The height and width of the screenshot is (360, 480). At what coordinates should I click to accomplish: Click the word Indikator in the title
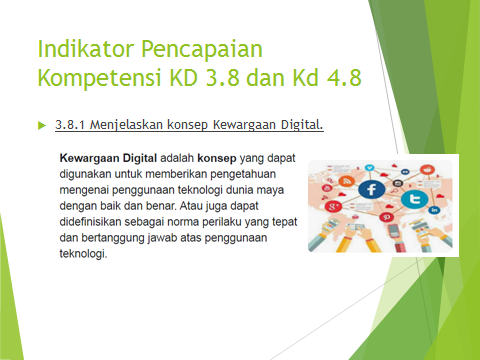[x=86, y=49]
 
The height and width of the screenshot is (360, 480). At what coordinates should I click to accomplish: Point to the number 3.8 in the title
[x=223, y=77]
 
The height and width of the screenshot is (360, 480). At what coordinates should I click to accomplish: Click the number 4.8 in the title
[x=344, y=77]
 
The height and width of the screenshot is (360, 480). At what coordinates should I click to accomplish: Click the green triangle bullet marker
[x=42, y=125]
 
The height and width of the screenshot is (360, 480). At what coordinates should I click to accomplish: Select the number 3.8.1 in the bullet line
[x=70, y=125]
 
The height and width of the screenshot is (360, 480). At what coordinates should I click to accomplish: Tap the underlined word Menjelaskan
[x=126, y=125]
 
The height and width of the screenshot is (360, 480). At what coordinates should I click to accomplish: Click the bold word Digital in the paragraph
[x=140, y=158]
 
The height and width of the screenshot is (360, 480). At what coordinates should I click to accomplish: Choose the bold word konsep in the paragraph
[x=217, y=159]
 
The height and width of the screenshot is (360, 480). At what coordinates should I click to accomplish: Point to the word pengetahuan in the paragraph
[x=243, y=174]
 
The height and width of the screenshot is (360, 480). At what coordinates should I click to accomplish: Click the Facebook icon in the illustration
[x=371, y=190]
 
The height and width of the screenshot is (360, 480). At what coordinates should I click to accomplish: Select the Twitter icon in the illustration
[x=414, y=199]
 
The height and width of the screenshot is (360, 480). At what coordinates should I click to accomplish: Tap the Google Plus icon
[x=333, y=206]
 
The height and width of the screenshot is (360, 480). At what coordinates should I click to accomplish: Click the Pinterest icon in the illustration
[x=386, y=217]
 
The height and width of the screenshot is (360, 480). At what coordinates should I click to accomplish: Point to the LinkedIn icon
[x=434, y=210]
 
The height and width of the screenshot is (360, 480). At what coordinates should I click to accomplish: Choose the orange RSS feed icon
[x=347, y=181]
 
